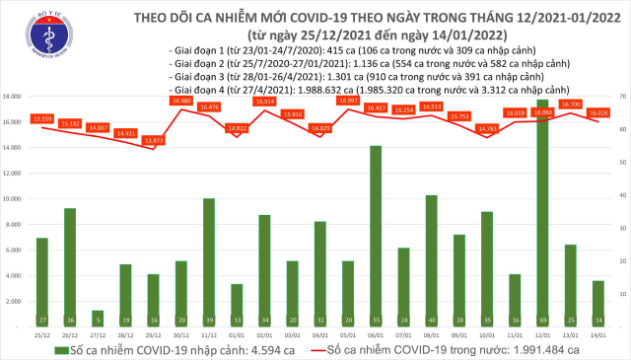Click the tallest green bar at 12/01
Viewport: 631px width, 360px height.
pos(543,197)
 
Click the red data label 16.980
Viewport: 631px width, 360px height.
pos(180,101)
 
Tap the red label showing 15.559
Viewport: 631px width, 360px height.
pos(41,118)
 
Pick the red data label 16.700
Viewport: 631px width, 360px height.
pos(571,104)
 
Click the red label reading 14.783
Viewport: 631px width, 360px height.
pos(486,128)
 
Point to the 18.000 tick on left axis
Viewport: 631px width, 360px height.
pos(14,97)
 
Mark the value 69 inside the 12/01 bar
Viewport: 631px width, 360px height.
pos(543,293)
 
